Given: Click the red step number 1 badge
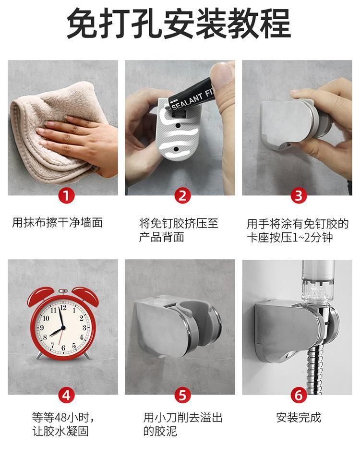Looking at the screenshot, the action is click(66, 195).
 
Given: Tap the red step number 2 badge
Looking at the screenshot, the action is click(182, 195).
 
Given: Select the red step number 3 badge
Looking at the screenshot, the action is click(299, 195).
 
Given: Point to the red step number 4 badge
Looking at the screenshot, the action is click(66, 395).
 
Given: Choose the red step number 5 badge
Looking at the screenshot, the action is click(182, 395).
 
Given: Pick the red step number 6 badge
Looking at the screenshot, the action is click(299, 395).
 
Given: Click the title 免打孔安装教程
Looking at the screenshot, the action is click(179, 24).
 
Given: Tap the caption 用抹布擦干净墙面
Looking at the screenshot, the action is click(57, 223).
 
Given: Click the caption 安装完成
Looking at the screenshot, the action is click(299, 417).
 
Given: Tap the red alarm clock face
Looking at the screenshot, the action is click(62, 326).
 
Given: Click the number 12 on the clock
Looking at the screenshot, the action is click(63, 308).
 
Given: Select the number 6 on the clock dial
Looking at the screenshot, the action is click(63, 348).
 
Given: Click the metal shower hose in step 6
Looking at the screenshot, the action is click(315, 370).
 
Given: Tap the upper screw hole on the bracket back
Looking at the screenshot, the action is click(178, 126).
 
